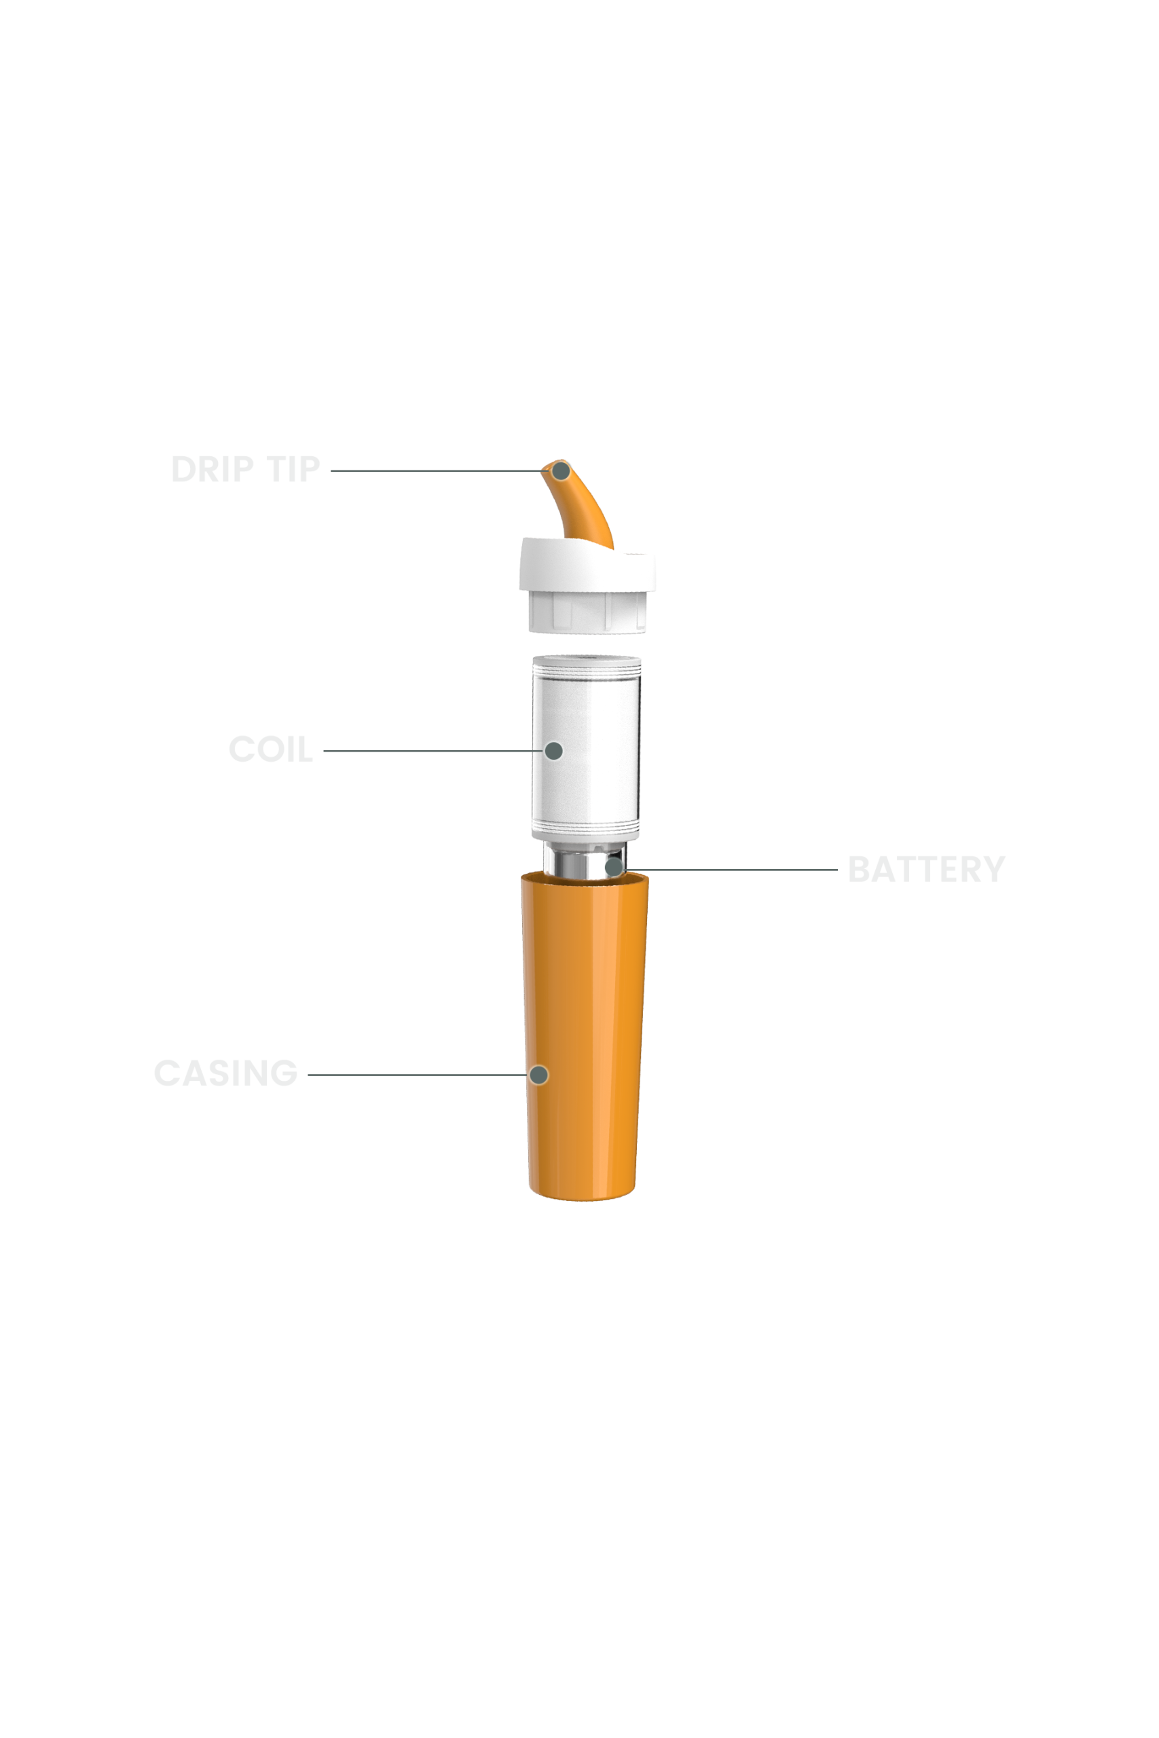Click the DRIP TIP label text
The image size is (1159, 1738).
pos(245,469)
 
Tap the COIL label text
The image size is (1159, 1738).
pos(270,750)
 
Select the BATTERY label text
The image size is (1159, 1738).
pos(926,869)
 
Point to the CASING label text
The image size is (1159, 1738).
pos(225,1073)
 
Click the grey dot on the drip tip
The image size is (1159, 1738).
pos(561,470)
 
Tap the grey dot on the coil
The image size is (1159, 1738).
pos(553,751)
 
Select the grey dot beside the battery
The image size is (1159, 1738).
pos(614,867)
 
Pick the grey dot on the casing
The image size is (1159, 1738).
pos(539,1075)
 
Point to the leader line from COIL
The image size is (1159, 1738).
pos(434,751)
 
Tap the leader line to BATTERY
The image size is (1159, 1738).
pos(731,870)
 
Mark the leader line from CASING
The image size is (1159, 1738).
pos(418,1075)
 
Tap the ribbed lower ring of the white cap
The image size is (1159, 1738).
pos(587,612)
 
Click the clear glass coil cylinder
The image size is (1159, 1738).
pos(586,746)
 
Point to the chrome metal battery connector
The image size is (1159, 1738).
pos(584,859)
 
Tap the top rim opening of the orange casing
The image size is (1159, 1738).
pos(585,878)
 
